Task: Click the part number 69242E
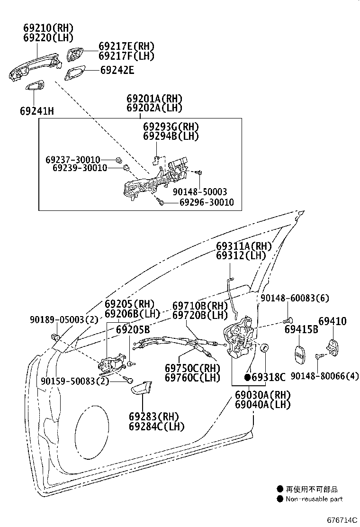point(117,71)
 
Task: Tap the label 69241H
point(37,111)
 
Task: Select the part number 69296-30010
point(206,203)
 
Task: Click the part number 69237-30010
point(73,159)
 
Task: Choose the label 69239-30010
point(80,168)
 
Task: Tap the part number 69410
point(332,321)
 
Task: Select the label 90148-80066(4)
point(324,376)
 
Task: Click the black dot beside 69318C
point(247,377)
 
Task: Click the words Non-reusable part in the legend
point(314,499)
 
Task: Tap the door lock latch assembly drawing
point(240,337)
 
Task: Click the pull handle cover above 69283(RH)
point(141,389)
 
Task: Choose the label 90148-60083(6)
point(295,298)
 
